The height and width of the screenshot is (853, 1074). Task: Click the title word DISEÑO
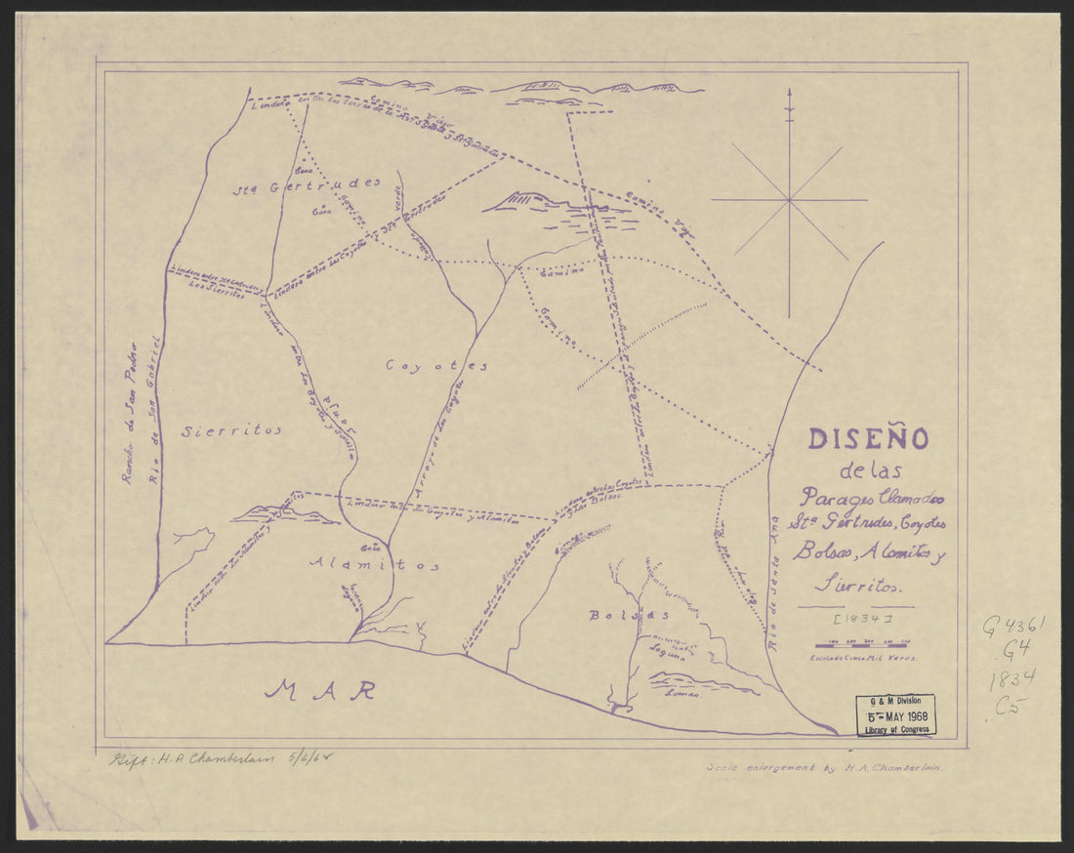point(868,439)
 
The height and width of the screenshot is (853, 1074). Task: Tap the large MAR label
point(321,690)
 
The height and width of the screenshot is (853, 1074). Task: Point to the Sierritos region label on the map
point(231,429)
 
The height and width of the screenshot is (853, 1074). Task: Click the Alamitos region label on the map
point(374,564)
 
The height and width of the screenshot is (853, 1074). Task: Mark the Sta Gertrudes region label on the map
point(306,184)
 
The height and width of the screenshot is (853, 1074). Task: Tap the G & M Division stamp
point(895,714)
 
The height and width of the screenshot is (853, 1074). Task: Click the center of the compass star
point(788,200)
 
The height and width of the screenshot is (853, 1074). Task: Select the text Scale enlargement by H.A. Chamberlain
point(827,767)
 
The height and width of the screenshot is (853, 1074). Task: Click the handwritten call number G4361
point(1012,627)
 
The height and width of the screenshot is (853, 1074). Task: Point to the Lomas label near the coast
point(682,694)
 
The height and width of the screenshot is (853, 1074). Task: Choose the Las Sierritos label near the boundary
point(216,290)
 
